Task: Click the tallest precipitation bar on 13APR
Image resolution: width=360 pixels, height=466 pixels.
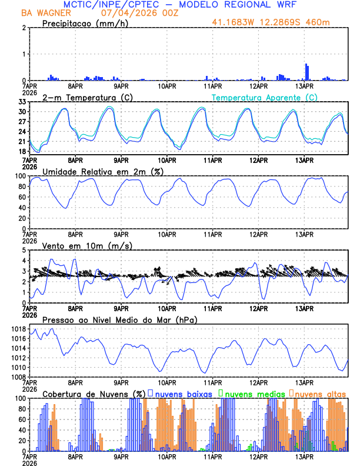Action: coord(306,72)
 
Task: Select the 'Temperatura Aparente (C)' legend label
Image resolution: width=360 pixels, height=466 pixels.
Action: coord(265,98)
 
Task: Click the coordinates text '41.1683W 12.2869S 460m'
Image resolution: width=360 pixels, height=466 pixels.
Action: coord(279,23)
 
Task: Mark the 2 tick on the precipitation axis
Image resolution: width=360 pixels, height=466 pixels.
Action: coord(24,28)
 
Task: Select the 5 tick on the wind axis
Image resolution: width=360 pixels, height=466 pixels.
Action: coord(24,250)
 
